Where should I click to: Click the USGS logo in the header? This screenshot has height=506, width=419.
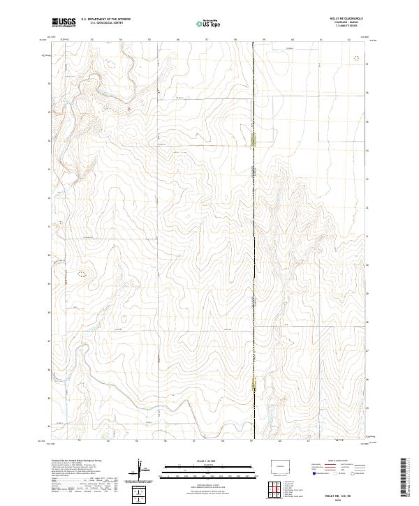(64, 22)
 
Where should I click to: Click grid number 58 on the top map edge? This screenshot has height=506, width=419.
(236, 40)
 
